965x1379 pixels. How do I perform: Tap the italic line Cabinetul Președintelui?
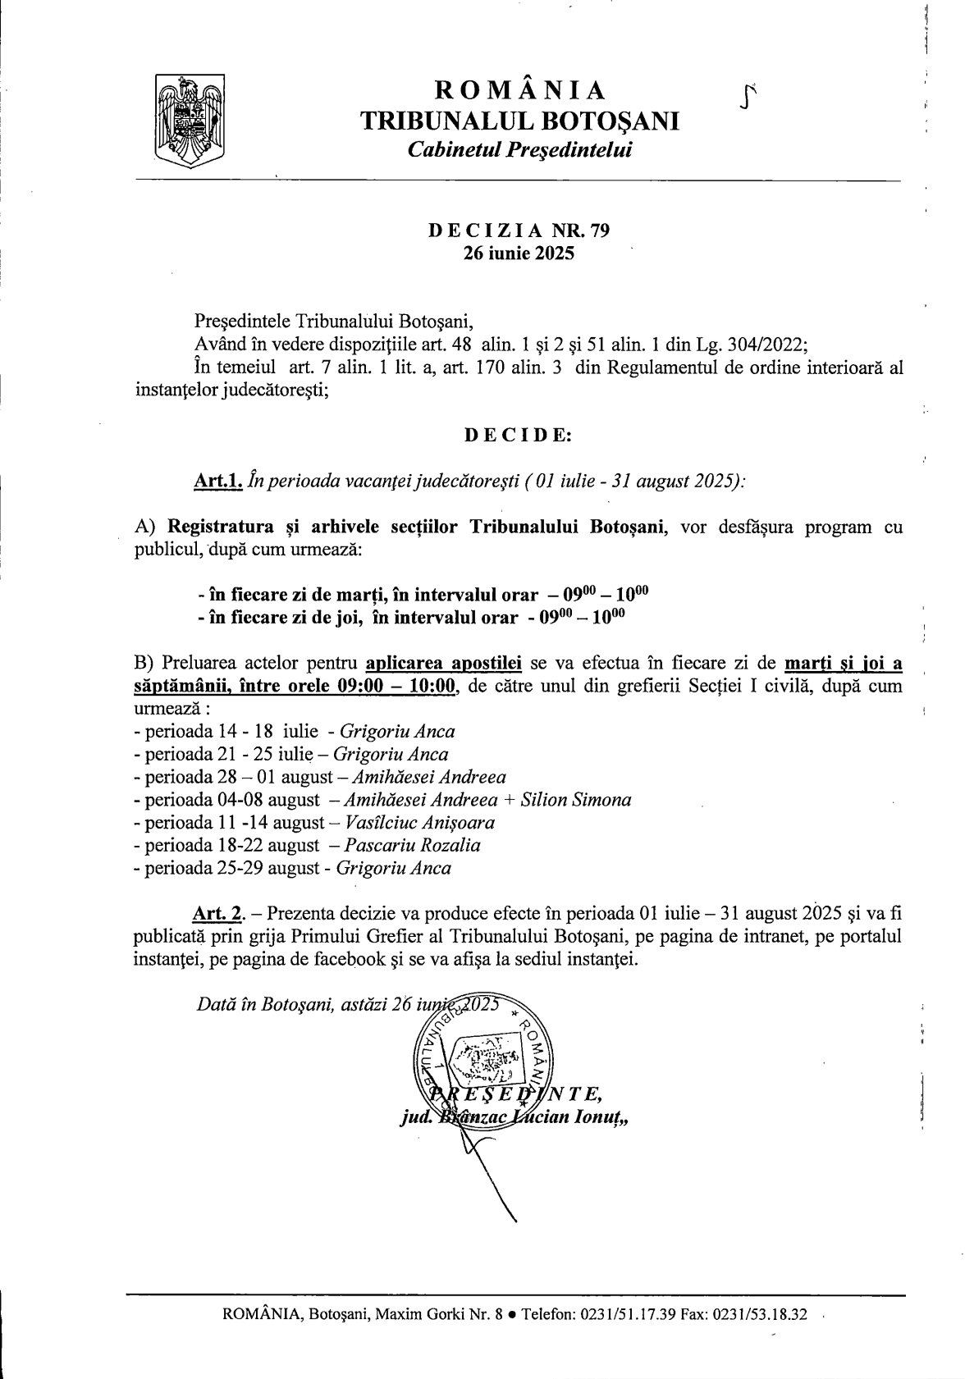pos(520,149)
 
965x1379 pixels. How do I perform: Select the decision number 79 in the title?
pos(600,231)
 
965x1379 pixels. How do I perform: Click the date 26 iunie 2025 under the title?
pos(519,253)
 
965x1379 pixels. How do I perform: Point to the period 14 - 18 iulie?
pos(258,731)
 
